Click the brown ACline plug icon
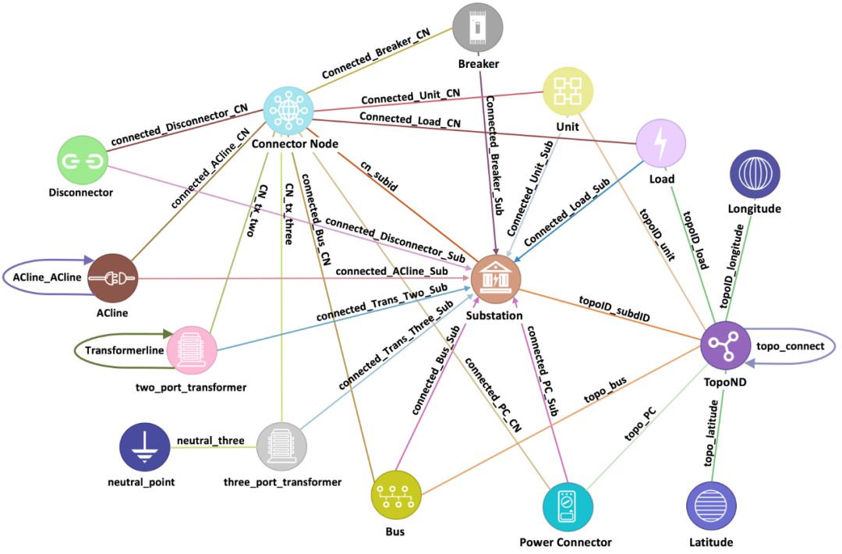click(x=112, y=278)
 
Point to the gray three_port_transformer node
click(x=282, y=447)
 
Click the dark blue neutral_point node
click(x=144, y=447)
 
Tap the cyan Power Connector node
click(x=567, y=507)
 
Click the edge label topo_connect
click(x=789, y=346)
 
